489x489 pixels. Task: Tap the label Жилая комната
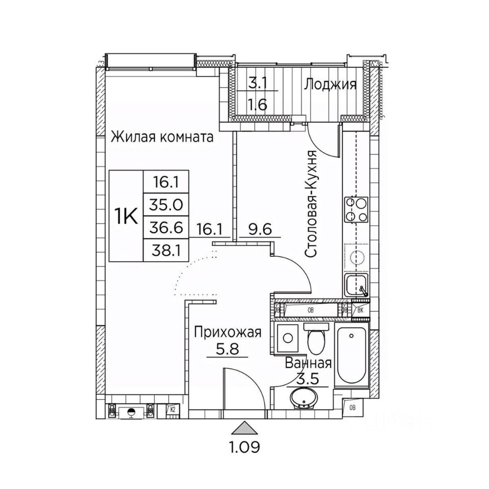coord(162,137)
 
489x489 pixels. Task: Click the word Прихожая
coord(228,333)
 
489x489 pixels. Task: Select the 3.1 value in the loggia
coord(257,81)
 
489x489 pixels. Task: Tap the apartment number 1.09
coord(244,448)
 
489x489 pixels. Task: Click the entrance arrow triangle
coord(244,426)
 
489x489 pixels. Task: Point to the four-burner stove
coord(357,209)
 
